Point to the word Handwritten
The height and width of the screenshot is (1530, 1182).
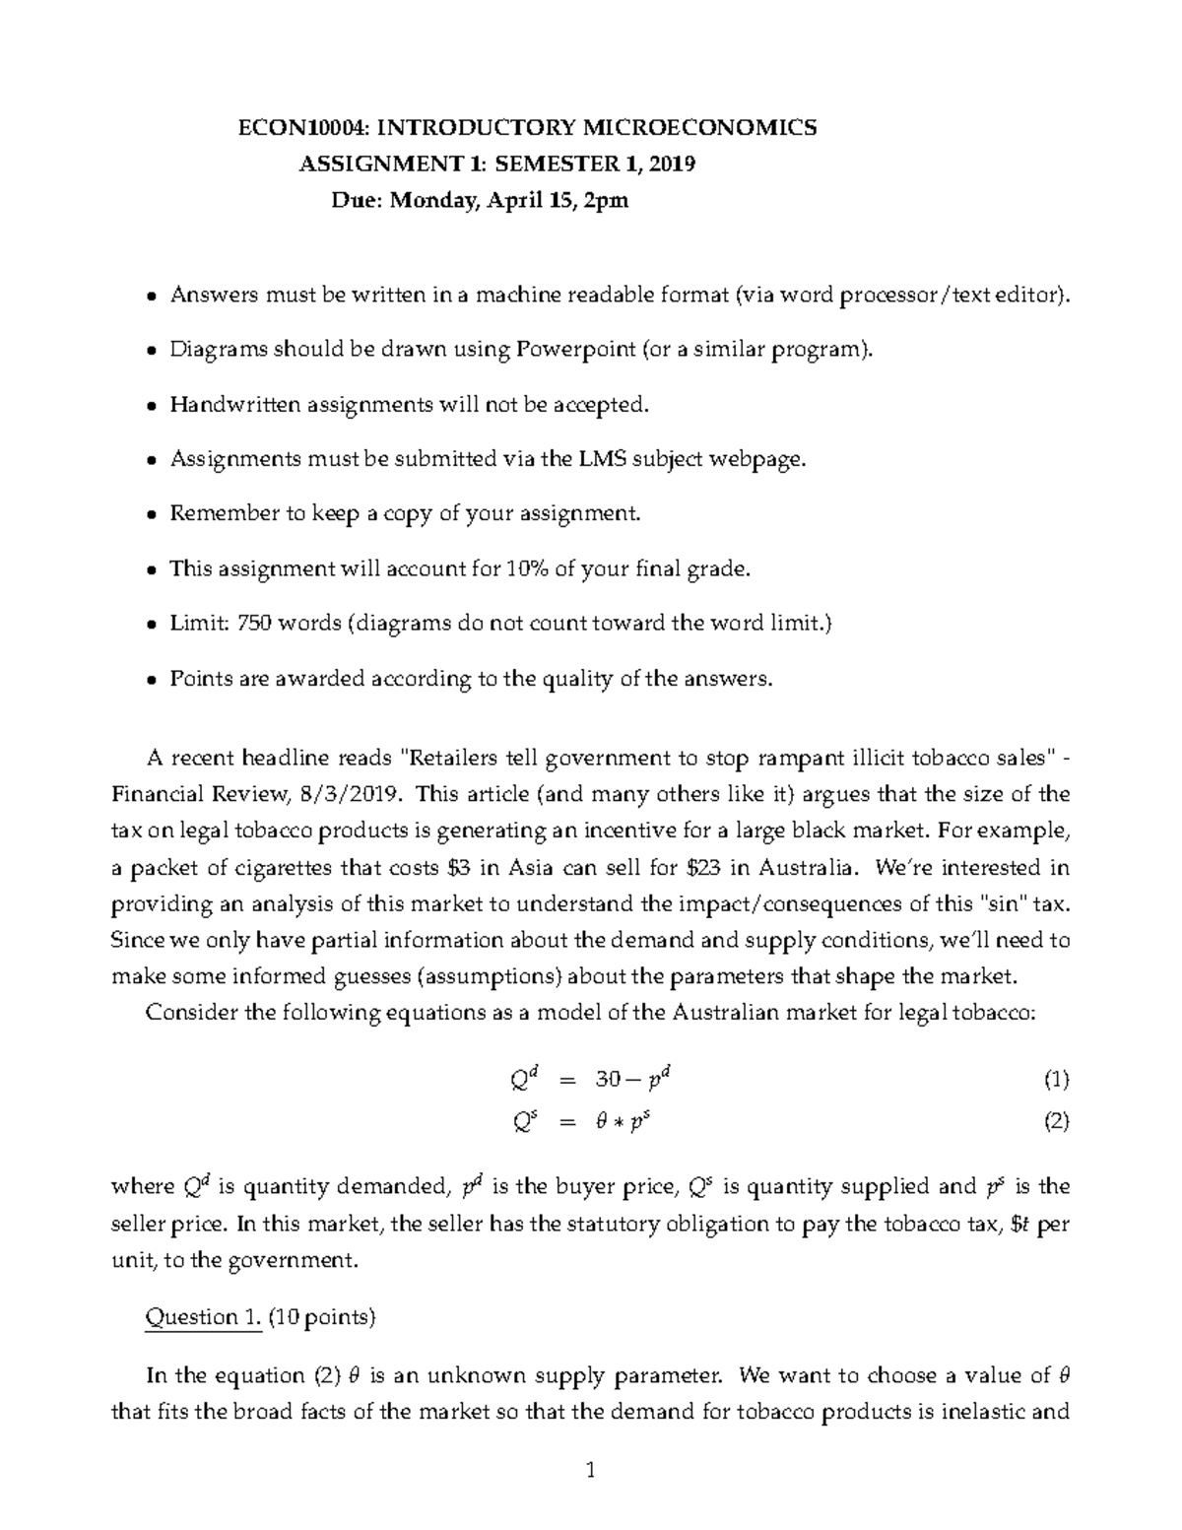236,404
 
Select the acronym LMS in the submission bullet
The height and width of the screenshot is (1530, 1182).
620,459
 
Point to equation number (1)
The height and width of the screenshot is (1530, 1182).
1056,1080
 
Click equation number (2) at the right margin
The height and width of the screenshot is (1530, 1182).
1056,1122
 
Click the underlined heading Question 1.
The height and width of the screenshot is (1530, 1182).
203,1317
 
